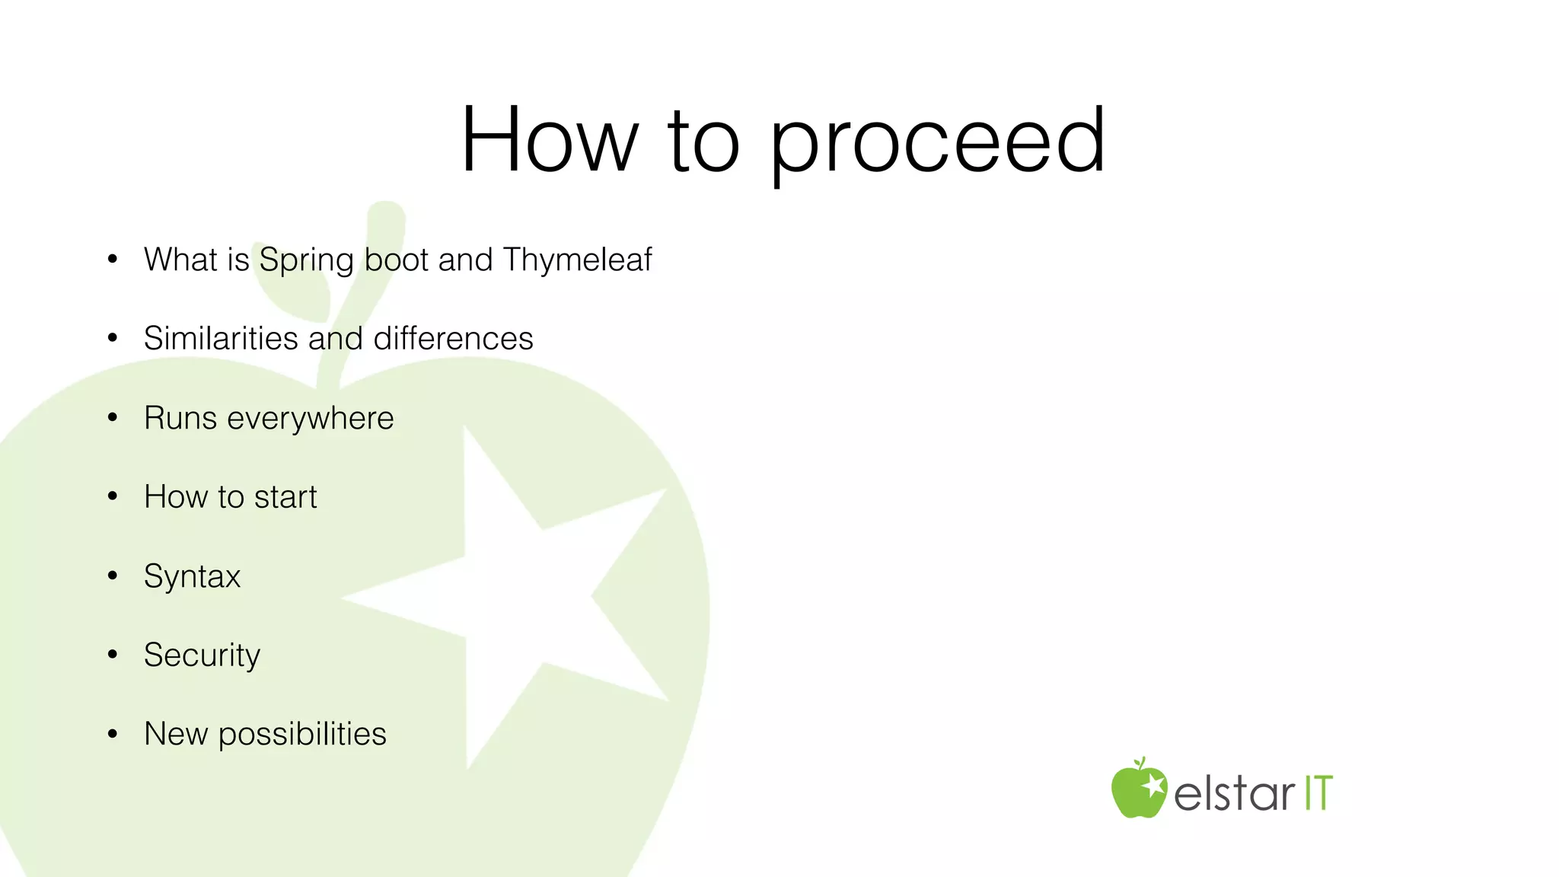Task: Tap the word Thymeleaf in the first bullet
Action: [577, 260]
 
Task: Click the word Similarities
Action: [221, 339]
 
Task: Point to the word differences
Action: [453, 339]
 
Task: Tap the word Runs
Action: [180, 418]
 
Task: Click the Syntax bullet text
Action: [192, 577]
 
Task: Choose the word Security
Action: [202, 655]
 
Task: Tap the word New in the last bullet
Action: [176, 735]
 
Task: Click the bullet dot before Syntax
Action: [113, 576]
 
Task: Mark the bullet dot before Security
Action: [113, 655]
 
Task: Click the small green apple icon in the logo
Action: [1138, 789]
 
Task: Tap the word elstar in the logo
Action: [1233, 794]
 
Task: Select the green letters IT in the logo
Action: [1318, 793]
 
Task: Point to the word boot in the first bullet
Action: [397, 260]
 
